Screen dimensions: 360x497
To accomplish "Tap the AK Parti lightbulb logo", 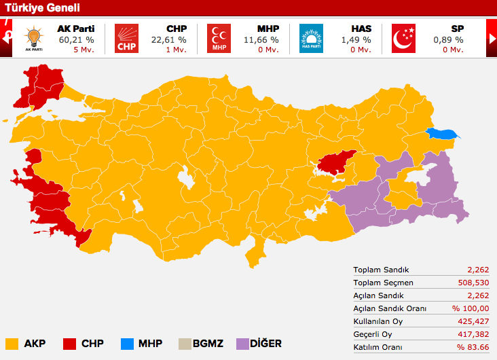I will pos(33,38).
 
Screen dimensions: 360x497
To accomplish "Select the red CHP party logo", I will pos(126,39).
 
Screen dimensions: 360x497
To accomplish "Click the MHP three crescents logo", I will pos(219,39).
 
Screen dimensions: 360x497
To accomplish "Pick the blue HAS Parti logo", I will pos(311,39).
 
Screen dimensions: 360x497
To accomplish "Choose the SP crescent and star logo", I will pos(404,39).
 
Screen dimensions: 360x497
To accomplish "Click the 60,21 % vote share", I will pos(75,40).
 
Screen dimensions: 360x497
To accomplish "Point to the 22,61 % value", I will pos(168,40).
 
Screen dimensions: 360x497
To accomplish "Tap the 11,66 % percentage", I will pos(260,40).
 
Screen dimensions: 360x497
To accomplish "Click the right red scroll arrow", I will pos(492,39).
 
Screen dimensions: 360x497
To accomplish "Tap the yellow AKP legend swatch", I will pos(12,344).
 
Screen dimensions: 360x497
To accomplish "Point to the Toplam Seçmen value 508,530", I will pos(473,283).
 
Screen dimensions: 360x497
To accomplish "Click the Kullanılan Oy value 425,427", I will pos(473,321).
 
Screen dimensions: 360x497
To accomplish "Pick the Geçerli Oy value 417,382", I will pos(473,334).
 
